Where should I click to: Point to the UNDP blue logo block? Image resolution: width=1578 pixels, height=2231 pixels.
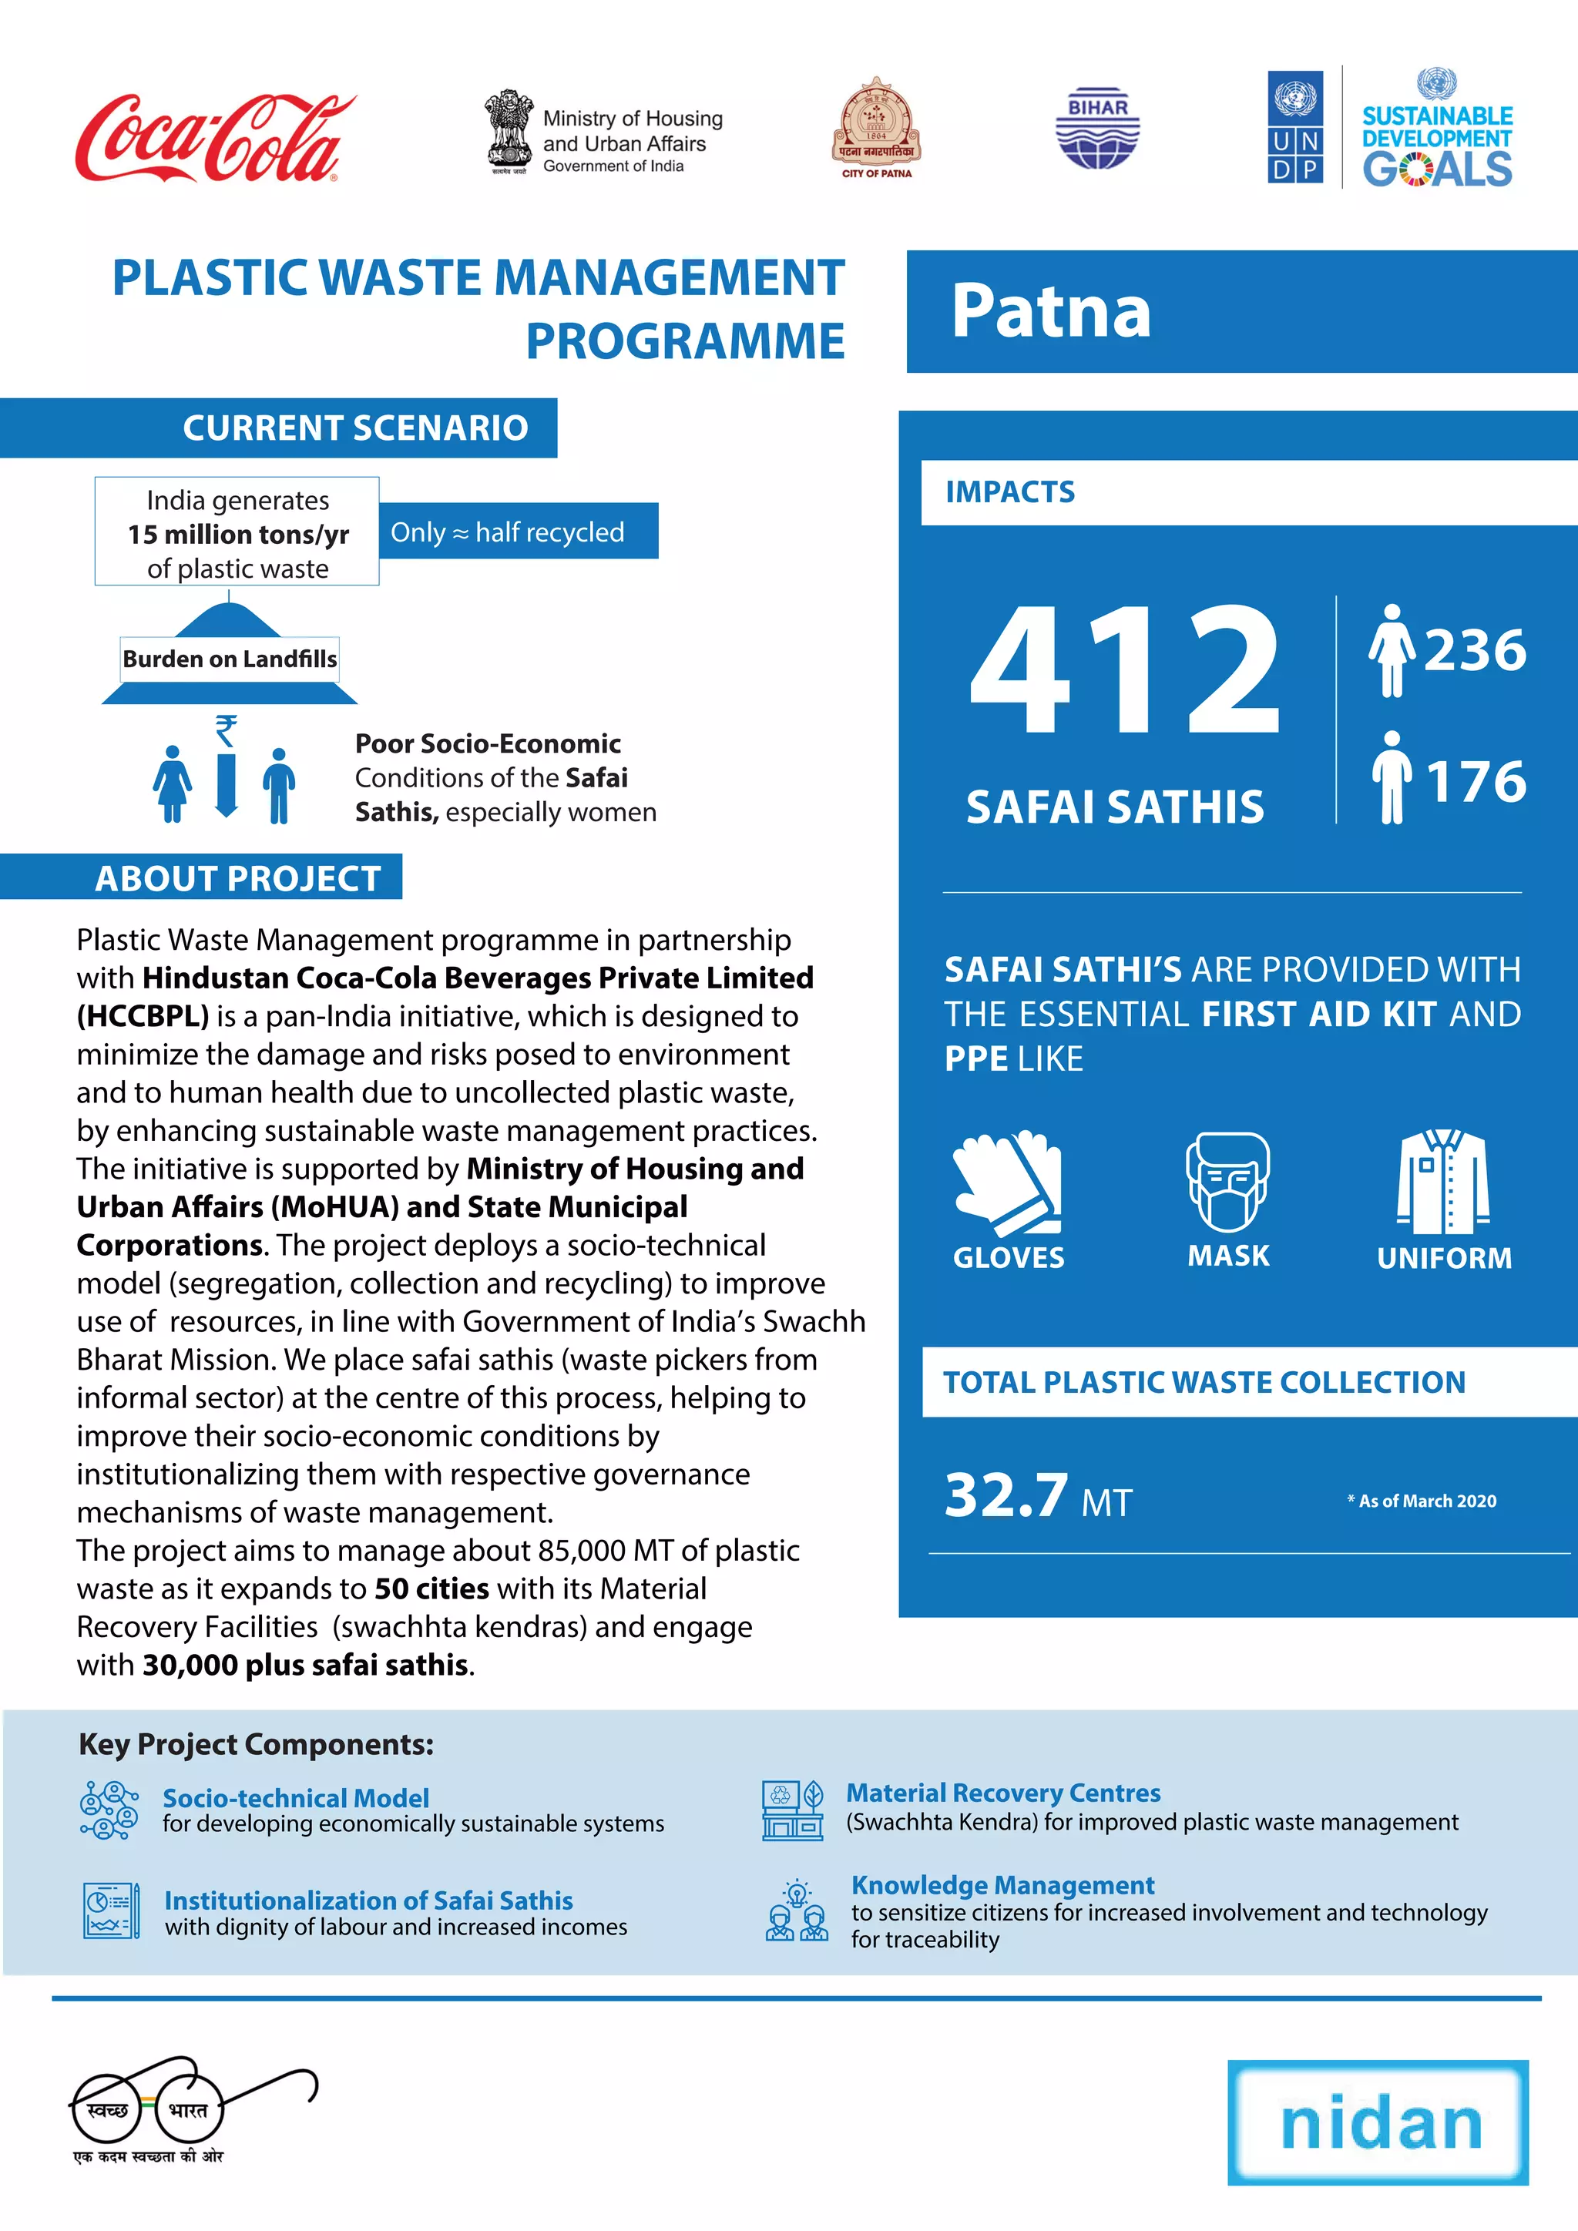point(1294,126)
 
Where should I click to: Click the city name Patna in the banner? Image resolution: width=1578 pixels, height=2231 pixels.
point(1050,311)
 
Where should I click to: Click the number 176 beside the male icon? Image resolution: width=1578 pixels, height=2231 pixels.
point(1476,781)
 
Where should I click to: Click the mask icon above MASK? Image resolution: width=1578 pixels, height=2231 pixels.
point(1227,1182)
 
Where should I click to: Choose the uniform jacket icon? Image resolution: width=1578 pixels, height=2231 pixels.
point(1443,1182)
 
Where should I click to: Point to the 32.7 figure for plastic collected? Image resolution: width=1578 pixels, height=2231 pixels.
point(1006,1495)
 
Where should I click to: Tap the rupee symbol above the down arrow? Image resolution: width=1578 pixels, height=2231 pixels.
point(226,729)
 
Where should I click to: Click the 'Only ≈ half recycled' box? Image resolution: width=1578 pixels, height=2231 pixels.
point(517,532)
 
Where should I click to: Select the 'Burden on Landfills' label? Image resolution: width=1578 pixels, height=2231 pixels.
point(230,659)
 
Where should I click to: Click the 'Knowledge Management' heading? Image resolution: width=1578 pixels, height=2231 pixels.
point(1002,1885)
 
